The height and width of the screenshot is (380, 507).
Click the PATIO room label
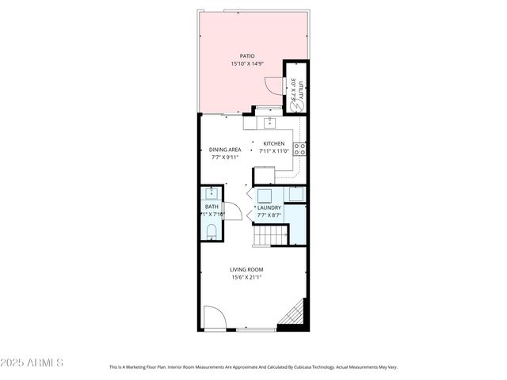click(247, 55)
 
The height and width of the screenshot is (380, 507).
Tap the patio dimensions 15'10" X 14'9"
click(247, 63)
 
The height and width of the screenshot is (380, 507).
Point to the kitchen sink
click(269, 122)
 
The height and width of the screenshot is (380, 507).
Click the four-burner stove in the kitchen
click(300, 147)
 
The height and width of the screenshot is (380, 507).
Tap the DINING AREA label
click(225, 150)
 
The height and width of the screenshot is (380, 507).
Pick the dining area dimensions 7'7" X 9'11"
click(225, 158)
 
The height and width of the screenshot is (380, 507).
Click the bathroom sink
click(212, 193)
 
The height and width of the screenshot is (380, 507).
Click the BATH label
click(212, 207)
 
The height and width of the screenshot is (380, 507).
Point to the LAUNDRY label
click(269, 207)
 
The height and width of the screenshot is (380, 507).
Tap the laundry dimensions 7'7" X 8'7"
click(269, 215)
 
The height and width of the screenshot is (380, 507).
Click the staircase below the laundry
click(269, 235)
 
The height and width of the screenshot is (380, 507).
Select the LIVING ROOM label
click(246, 270)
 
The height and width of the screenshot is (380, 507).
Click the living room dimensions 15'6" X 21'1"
click(246, 278)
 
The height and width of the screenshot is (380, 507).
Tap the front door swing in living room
click(214, 318)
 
